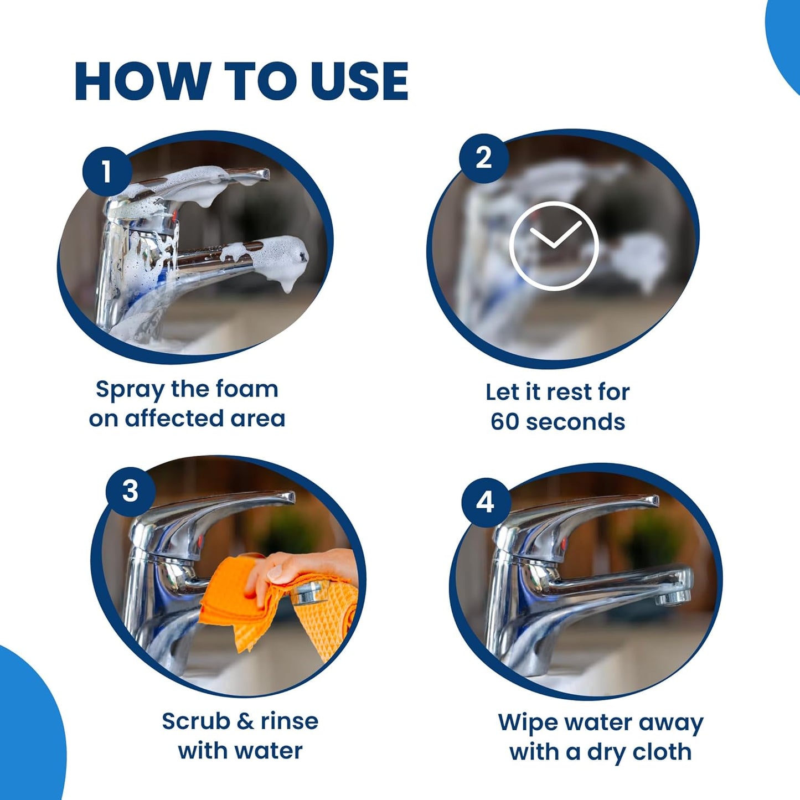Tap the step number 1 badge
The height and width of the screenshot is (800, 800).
coord(106,171)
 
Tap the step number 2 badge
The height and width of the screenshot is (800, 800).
coord(483,158)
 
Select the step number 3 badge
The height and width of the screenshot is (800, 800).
coord(130,491)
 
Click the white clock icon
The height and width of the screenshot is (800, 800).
coord(554,245)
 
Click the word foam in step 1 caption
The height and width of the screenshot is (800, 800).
coord(246,389)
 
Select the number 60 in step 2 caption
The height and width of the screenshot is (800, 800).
coord(504,422)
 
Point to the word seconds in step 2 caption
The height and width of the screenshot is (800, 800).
coord(575,422)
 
